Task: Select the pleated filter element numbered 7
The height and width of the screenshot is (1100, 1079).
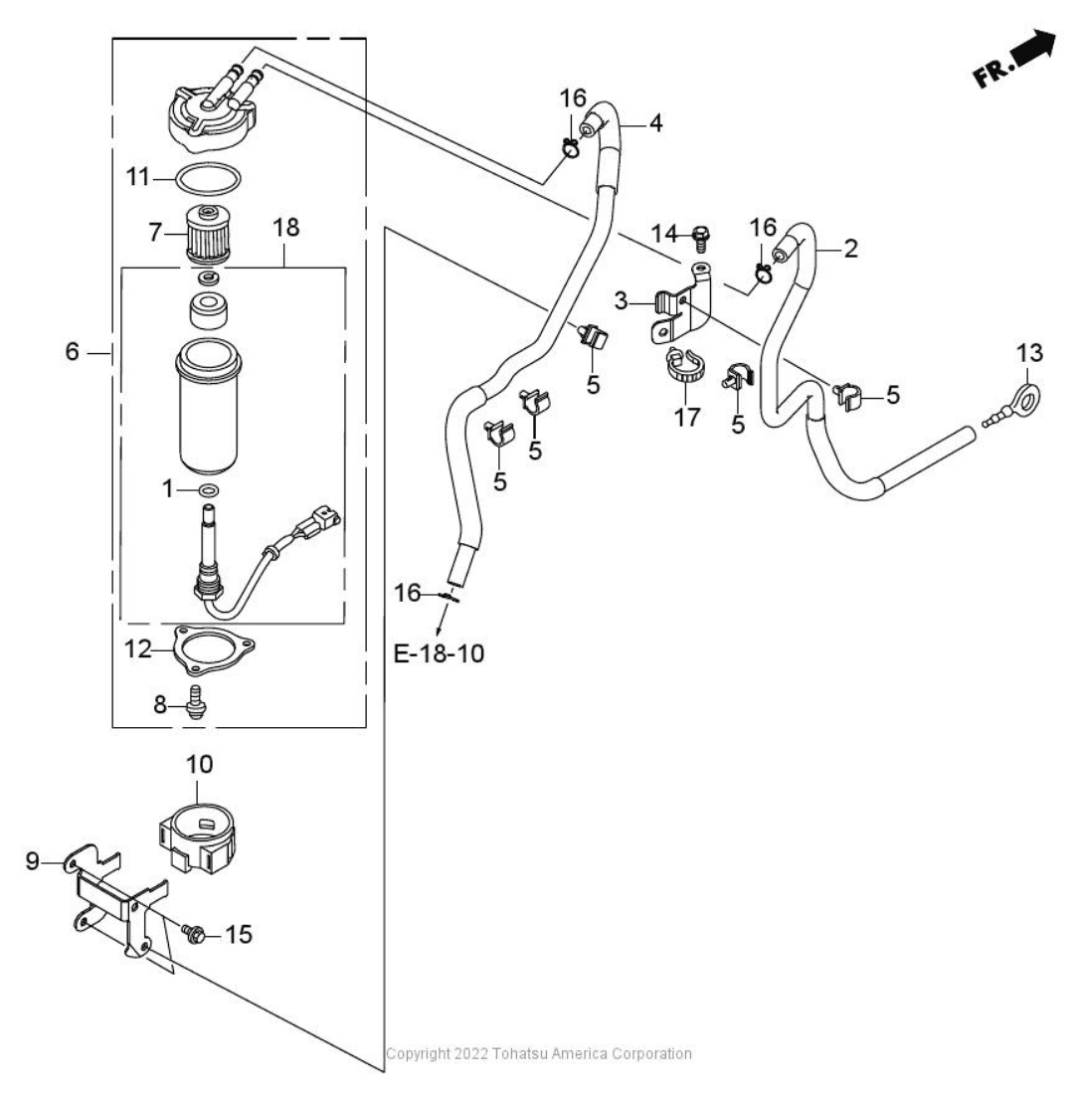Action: click(x=208, y=236)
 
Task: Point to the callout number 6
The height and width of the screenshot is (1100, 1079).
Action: click(x=72, y=352)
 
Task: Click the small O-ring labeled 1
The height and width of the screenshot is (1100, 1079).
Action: click(x=208, y=490)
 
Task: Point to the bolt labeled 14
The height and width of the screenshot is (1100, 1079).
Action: click(x=698, y=237)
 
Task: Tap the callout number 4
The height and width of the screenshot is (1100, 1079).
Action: click(x=655, y=123)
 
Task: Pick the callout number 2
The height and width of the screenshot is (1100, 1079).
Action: click(x=849, y=249)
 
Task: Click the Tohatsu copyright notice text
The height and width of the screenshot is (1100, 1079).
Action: click(x=538, y=1053)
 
